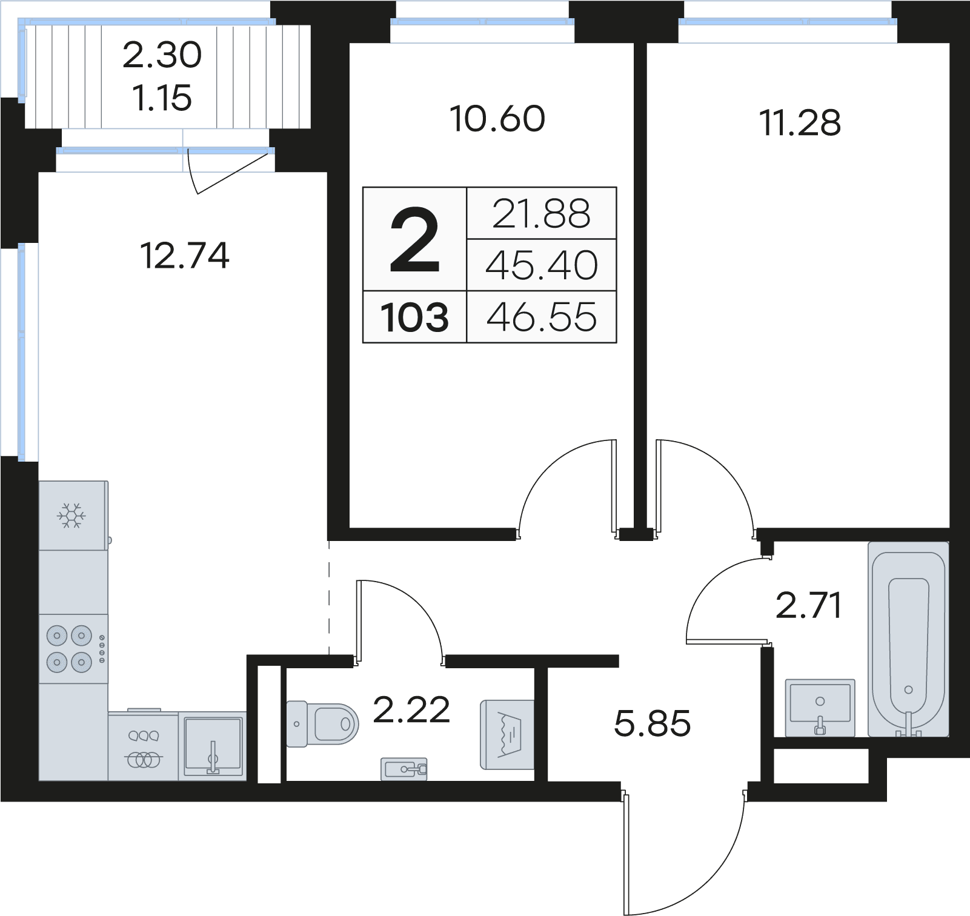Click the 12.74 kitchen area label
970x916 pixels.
pos(185,256)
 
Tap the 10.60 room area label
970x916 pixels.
pos(497,119)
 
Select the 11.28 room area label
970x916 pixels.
pos(800,123)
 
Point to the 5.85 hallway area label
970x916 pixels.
pos(652,723)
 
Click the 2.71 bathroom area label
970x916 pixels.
pos(809,606)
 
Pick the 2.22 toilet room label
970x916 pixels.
pos(411,710)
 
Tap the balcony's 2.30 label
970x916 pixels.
pos(162,55)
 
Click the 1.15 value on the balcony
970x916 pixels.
pos(162,98)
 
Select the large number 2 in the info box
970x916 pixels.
pos(414,240)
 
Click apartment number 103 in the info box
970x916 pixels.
pos(414,317)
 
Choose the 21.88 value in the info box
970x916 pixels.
pos(541,214)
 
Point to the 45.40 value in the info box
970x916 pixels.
pos(541,265)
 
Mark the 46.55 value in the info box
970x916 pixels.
pos(541,317)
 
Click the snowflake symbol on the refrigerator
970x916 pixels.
pos(71,516)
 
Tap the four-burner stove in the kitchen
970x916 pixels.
pos(70,649)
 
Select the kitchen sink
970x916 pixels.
pos(213,746)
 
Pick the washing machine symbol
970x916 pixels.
pos(508,734)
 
